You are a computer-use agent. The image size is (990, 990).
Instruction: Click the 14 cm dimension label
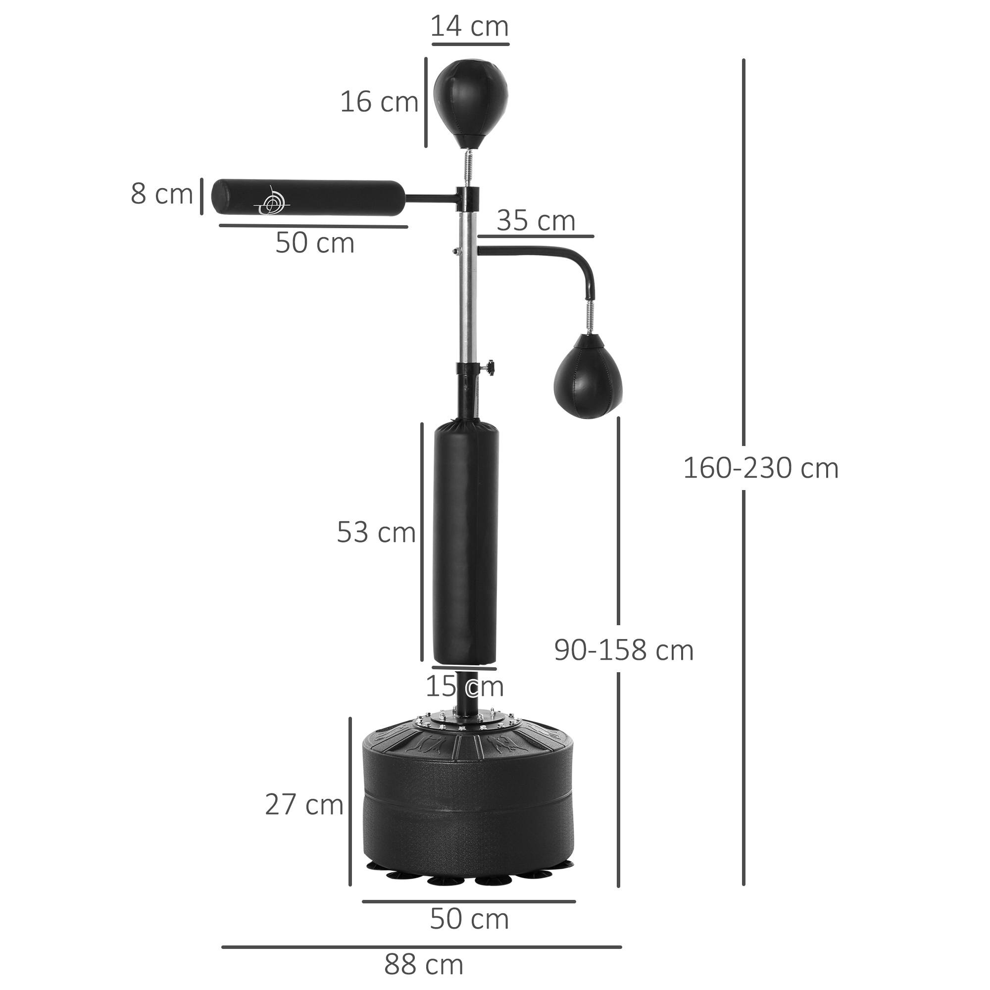(x=469, y=27)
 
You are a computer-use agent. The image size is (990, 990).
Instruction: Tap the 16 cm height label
(x=379, y=102)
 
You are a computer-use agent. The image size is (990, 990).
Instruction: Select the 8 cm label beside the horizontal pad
(x=161, y=194)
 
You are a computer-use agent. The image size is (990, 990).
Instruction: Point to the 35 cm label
(x=536, y=221)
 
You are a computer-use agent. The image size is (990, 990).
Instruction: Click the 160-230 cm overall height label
(x=760, y=468)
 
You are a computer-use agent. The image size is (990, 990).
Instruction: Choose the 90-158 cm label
(x=624, y=650)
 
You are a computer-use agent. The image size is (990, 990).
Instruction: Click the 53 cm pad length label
(x=376, y=533)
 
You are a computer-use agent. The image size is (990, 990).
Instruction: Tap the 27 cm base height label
(x=304, y=804)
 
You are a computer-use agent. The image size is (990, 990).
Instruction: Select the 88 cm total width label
(x=423, y=965)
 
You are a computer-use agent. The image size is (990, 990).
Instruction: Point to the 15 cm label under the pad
(x=464, y=687)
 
